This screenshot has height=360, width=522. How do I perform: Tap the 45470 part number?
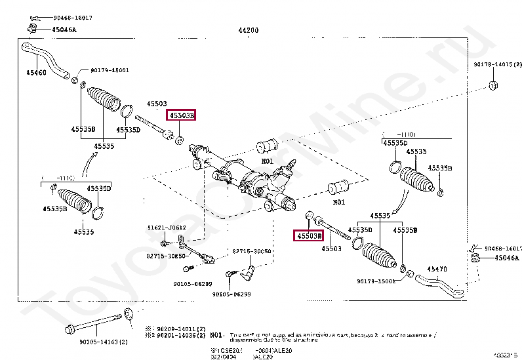tap(437, 269)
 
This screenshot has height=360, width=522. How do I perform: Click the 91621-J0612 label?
tap(167, 228)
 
